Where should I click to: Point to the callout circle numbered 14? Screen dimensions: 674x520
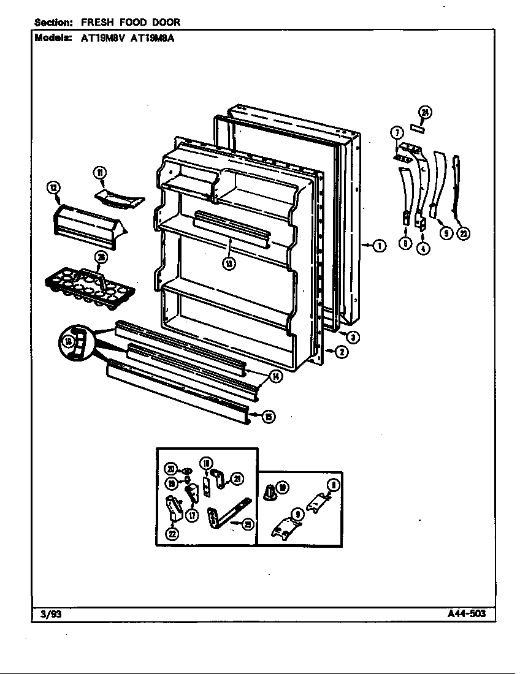(x=276, y=377)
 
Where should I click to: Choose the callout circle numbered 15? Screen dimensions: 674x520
(x=268, y=417)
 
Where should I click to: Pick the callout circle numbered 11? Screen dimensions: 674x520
(x=100, y=172)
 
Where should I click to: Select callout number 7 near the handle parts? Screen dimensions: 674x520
(x=397, y=132)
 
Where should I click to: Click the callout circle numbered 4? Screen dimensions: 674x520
(x=423, y=248)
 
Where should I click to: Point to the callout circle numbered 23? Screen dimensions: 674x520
(x=464, y=233)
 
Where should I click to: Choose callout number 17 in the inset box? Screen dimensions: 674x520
(x=192, y=516)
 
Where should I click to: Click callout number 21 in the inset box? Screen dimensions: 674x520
(x=237, y=479)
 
